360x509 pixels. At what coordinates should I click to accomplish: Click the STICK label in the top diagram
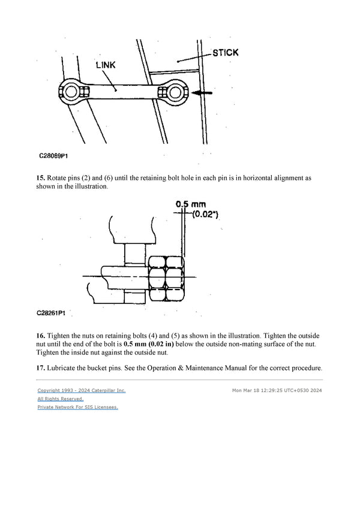pyautogui.click(x=225, y=53)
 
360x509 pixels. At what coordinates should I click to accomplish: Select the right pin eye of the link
pyautogui.click(x=176, y=92)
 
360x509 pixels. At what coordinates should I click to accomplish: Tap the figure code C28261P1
pyautogui.click(x=53, y=312)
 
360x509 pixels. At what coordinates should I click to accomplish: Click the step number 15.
pyautogui.click(x=41, y=178)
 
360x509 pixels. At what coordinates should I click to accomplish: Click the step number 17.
pyautogui.click(x=41, y=368)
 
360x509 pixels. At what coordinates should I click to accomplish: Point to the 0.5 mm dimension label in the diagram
pyautogui.click(x=190, y=204)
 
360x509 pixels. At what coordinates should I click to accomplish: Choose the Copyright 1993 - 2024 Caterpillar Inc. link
pyautogui.click(x=81, y=391)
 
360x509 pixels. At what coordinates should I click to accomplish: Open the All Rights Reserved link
pyautogui.click(x=60, y=399)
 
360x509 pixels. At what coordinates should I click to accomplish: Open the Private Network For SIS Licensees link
pyautogui.click(x=77, y=407)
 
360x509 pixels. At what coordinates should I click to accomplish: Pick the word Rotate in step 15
pyautogui.click(x=61, y=178)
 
